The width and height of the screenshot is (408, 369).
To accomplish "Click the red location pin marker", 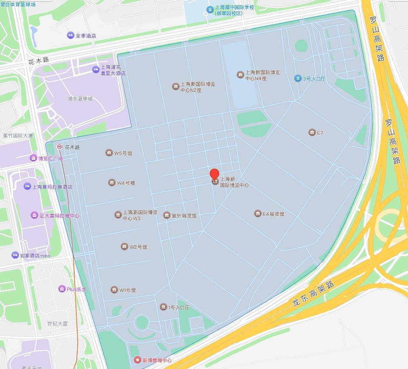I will (x=214, y=174).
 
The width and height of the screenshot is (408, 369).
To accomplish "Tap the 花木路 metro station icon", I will (x=59, y=147).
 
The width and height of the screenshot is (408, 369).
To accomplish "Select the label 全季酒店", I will (x=86, y=36).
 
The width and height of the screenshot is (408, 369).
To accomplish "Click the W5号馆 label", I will (x=123, y=153).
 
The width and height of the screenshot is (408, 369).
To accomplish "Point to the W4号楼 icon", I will (x=112, y=183).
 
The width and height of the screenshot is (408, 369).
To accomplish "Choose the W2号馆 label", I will (x=138, y=247).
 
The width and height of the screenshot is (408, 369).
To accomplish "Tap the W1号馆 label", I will (x=128, y=290).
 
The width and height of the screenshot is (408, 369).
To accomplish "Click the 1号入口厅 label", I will (x=178, y=308).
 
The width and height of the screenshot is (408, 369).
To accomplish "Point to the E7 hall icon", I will (x=312, y=132).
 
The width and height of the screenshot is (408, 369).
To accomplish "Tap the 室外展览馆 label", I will (x=184, y=216).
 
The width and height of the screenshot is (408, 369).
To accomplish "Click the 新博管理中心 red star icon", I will (x=138, y=360).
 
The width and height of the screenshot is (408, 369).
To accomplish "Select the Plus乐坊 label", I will (x=76, y=289).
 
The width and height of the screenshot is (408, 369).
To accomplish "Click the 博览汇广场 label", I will (x=50, y=159).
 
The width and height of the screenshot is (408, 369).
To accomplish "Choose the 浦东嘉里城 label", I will (x=80, y=99).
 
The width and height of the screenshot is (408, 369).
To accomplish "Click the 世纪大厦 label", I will (x=58, y=324).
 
